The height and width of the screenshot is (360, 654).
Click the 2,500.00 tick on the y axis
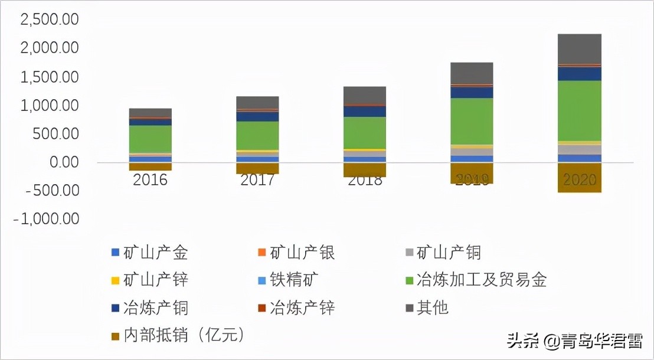(50, 19)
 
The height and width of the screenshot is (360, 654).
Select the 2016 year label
(150, 180)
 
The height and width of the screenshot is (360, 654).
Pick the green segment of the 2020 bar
(579, 110)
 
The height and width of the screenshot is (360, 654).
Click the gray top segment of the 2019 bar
(472, 73)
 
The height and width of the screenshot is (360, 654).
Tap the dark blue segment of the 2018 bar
(364, 111)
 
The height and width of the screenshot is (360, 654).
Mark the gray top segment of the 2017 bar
(257, 102)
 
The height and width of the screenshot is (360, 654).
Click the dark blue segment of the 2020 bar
(579, 73)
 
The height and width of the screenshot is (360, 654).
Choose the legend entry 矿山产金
(150, 253)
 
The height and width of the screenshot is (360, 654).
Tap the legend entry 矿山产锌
(150, 280)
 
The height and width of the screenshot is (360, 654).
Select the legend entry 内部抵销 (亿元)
(178, 335)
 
